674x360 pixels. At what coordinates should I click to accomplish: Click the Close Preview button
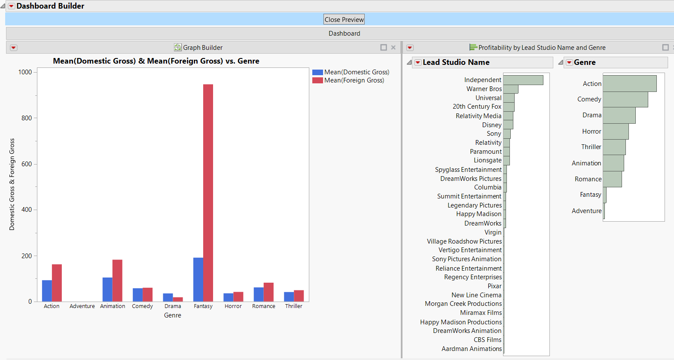(x=344, y=19)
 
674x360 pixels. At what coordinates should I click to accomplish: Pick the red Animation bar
(x=117, y=280)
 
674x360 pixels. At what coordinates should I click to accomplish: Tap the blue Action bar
(x=47, y=290)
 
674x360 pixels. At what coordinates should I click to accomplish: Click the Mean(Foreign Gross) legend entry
(x=354, y=80)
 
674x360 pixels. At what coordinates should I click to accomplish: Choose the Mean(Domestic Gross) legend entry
(x=357, y=72)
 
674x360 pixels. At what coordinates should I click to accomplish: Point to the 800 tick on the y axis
(x=27, y=118)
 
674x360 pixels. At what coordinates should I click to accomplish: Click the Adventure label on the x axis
(x=82, y=306)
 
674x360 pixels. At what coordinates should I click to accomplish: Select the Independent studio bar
(x=523, y=80)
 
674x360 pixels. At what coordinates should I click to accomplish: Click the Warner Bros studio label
(x=484, y=89)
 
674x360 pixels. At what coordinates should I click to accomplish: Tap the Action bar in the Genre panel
(x=629, y=83)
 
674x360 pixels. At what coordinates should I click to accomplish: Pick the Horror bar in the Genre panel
(x=616, y=131)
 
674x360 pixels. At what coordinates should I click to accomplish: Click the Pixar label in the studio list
(x=494, y=286)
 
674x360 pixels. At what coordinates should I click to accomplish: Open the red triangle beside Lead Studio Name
(x=418, y=62)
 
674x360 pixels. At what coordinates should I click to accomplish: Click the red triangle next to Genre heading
(x=569, y=62)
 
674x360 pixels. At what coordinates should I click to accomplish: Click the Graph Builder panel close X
(x=393, y=48)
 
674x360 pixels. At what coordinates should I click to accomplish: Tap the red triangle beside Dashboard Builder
(x=12, y=6)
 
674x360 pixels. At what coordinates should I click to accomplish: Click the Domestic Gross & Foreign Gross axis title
(x=12, y=184)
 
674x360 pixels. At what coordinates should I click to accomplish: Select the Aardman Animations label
(x=471, y=349)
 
